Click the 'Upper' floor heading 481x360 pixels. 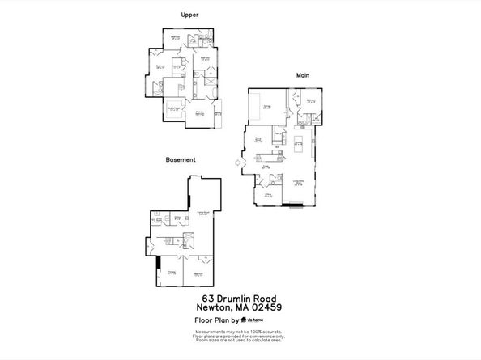189,15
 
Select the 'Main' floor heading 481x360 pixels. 303,75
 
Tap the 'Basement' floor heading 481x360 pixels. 181,160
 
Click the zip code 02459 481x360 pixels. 266,307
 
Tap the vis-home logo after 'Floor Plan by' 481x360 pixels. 264,320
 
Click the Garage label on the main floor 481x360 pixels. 266,105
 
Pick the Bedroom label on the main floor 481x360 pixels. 310,100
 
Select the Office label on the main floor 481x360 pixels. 267,195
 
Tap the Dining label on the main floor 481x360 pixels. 260,139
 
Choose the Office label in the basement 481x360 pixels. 172,273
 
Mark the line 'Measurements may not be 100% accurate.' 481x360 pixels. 240,330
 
